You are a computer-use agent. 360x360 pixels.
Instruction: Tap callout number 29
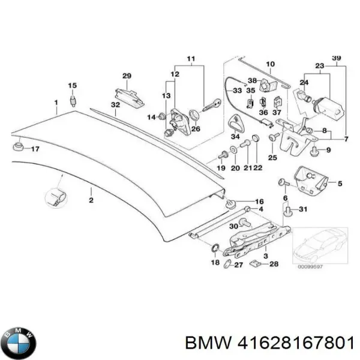click(x=127, y=76)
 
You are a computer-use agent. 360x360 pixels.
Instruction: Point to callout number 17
click(x=35, y=148)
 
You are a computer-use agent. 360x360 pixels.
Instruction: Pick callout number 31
click(x=303, y=209)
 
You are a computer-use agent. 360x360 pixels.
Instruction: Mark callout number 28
click(x=274, y=265)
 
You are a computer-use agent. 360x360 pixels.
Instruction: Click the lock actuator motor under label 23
click(x=328, y=107)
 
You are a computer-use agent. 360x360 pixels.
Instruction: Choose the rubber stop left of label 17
click(x=19, y=147)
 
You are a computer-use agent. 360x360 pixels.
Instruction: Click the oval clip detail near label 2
click(x=54, y=197)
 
